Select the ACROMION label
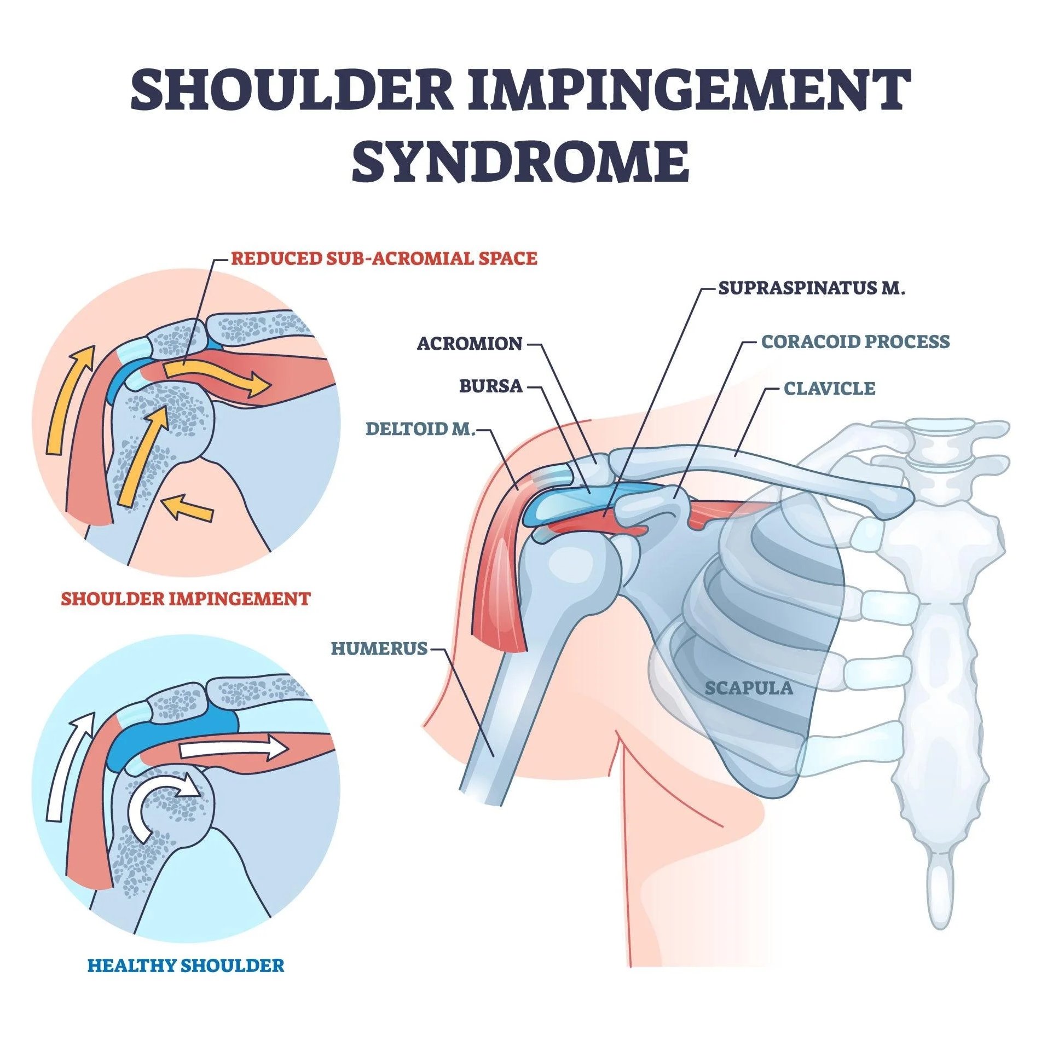coord(470,344)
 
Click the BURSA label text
coord(490,386)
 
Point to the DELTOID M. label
coord(420,429)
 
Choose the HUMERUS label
coord(379,649)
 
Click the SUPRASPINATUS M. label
coord(812,288)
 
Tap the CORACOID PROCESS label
coord(855,342)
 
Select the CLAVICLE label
coord(829,389)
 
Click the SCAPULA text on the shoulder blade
coord(748,688)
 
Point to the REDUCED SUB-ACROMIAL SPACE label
coord(384,258)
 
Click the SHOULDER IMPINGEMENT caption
coord(186,598)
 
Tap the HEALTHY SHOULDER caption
coord(186,965)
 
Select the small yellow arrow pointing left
coord(189,507)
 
